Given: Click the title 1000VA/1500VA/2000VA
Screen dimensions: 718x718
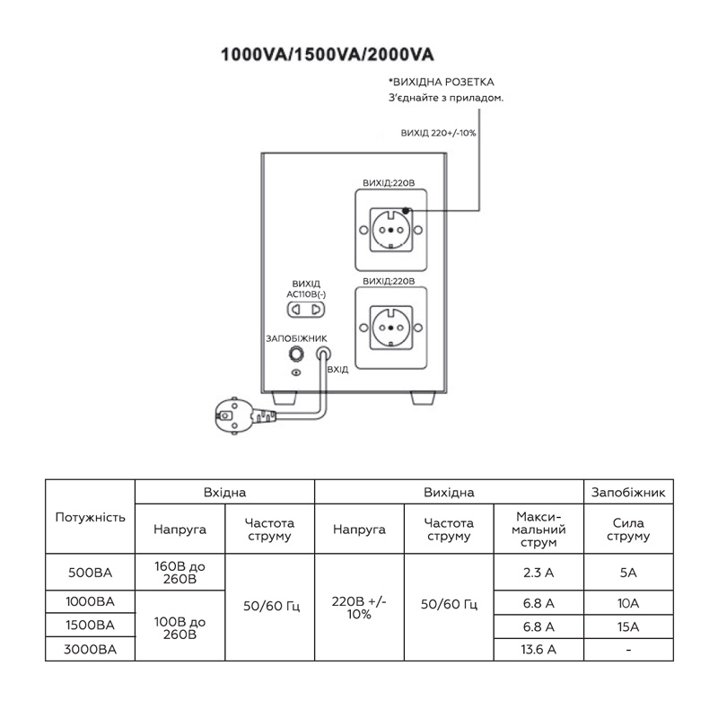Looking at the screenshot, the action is click(x=327, y=55).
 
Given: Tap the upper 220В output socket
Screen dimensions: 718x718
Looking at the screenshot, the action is click(x=390, y=230).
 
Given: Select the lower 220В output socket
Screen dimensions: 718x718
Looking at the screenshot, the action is click(x=390, y=328).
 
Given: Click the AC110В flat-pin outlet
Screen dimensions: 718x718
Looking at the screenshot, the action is click(x=305, y=310).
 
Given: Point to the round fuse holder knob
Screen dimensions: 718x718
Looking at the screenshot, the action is click(x=296, y=354).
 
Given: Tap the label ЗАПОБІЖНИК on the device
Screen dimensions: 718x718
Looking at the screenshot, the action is click(x=296, y=339).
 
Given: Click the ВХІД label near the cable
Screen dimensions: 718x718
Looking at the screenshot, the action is click(x=337, y=370).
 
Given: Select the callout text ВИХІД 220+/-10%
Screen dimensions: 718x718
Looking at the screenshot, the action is click(x=438, y=133).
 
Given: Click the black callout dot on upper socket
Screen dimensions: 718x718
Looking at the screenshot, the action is click(x=406, y=211).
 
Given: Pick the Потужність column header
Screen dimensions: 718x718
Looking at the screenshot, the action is click(x=91, y=517).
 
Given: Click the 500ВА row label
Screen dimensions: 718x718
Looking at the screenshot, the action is click(x=91, y=573).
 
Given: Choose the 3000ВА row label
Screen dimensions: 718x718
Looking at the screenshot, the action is click(x=91, y=649).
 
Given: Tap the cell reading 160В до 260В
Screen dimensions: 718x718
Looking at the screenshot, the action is click(x=180, y=573).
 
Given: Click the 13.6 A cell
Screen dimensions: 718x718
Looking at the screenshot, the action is click(x=538, y=649).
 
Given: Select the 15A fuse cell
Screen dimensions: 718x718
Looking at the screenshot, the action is click(x=627, y=626).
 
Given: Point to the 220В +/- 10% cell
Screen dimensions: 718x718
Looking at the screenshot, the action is click(x=359, y=608).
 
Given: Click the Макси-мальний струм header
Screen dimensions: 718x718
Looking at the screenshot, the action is click(x=538, y=530).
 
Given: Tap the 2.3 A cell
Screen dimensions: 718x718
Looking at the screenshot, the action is click(x=538, y=573).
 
